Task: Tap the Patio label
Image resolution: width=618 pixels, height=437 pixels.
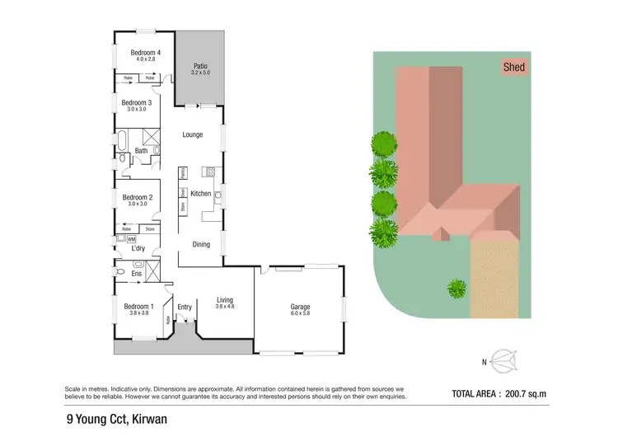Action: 200,67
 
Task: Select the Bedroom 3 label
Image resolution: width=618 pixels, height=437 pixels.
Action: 138,103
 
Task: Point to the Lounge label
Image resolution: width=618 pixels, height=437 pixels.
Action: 193,134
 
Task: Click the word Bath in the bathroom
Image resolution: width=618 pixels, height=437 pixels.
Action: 141,151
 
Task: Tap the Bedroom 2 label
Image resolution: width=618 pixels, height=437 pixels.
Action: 138,198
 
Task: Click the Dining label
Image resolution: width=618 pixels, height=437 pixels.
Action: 201,244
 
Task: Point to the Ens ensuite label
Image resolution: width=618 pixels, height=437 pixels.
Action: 136,273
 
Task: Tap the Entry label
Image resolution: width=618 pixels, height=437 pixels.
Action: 185,308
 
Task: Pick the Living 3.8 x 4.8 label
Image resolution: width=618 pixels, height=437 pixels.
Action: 225,303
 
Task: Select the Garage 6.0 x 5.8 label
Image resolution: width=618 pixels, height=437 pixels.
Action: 300,310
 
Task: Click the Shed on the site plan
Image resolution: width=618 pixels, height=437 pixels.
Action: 513,68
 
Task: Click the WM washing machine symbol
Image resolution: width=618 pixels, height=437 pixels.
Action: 130,239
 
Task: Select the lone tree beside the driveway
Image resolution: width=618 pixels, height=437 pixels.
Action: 456,289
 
